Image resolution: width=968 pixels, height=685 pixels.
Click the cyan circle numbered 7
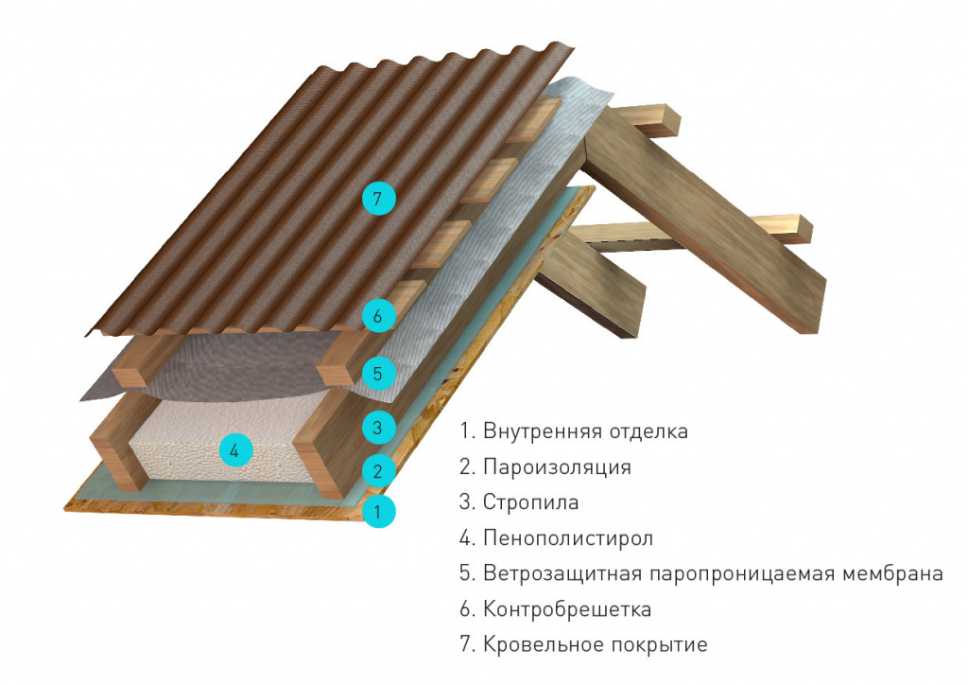point(378,199)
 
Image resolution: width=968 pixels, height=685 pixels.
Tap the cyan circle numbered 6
point(378,316)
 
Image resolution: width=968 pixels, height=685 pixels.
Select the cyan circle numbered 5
point(378,373)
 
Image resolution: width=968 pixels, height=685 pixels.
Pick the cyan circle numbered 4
point(235,450)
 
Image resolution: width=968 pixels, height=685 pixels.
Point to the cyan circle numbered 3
point(378,428)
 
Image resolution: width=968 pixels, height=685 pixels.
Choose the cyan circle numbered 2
point(378,472)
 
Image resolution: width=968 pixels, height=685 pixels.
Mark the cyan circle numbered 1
point(378,512)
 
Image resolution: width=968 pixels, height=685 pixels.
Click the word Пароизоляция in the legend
point(557,467)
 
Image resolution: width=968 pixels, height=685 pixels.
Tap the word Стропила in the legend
point(531,502)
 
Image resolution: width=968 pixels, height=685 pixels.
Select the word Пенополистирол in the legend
point(568,538)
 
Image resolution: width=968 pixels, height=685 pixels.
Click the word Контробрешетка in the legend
point(567,609)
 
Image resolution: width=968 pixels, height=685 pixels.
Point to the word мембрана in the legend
point(892,573)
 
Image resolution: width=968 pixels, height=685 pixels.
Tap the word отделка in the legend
point(648,431)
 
